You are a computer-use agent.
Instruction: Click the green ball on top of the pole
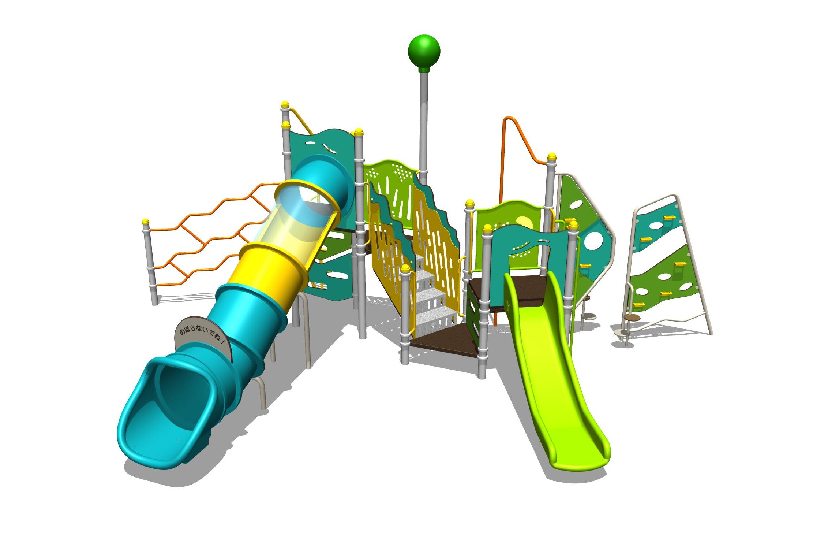424,51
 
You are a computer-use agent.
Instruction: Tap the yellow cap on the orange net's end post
146,222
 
